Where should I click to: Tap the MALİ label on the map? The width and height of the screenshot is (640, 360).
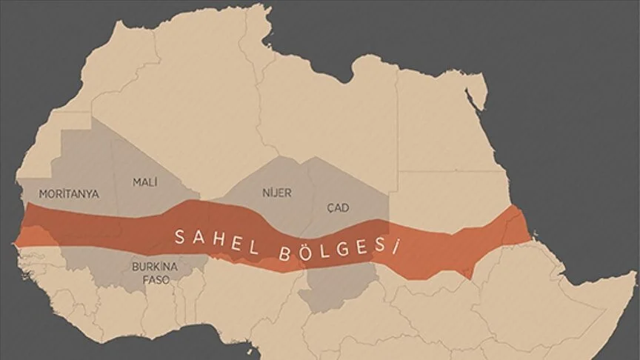coord(145,181)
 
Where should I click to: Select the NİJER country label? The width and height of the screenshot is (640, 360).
coord(277,193)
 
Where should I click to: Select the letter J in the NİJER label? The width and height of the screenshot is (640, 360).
coord(277,193)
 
